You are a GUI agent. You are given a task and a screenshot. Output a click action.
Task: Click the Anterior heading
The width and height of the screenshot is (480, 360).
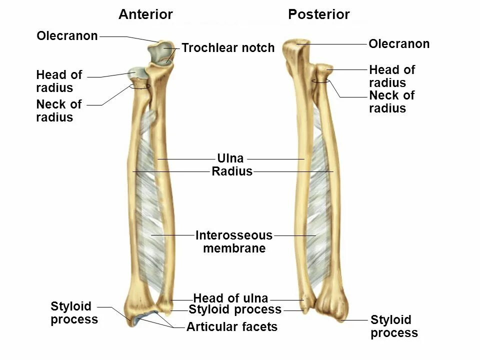tap(145, 14)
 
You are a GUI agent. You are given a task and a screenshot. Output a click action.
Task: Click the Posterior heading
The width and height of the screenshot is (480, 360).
tap(318, 14)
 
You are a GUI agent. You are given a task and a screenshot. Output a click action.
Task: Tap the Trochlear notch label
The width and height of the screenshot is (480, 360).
tap(228, 48)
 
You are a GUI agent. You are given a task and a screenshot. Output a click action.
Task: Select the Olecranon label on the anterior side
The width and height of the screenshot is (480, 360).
tap(67, 36)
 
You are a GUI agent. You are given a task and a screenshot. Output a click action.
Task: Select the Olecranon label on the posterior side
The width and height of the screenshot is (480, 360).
tap(399, 44)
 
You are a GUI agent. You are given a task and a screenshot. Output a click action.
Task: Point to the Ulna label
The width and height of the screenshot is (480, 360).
tap(230, 159)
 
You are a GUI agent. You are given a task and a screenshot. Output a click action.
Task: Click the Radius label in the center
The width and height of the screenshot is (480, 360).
tap(232, 172)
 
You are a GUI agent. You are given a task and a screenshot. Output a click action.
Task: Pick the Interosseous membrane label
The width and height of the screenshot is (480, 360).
tap(234, 241)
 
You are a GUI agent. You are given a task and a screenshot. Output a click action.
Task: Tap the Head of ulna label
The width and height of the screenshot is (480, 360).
tap(230, 298)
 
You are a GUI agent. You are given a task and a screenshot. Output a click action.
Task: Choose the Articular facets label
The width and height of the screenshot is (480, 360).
tap(231, 327)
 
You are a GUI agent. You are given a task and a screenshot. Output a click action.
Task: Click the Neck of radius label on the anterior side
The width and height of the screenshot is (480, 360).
tap(58, 111)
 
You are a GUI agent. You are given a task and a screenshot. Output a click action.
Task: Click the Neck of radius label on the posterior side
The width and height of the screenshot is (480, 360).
tap(391, 102)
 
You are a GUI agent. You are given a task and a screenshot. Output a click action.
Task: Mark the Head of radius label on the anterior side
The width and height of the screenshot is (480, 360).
tap(58, 81)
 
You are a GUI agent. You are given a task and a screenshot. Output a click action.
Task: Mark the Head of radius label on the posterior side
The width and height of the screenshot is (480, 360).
tap(391, 76)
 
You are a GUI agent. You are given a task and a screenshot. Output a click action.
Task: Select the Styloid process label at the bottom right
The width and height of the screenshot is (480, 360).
tap(394, 326)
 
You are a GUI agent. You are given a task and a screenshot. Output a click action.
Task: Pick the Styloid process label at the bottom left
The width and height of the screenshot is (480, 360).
tap(74, 312)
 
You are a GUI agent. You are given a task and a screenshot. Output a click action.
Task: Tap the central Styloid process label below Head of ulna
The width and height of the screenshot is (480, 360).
tap(235, 309)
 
